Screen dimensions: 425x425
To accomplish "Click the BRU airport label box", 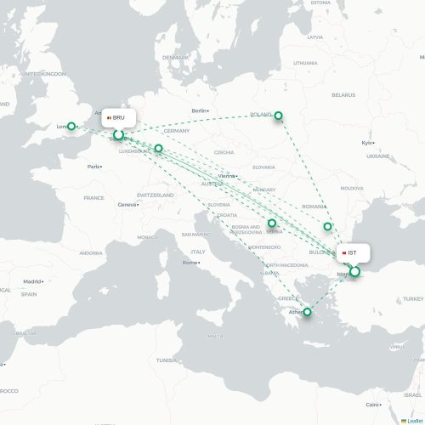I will pos(119,117).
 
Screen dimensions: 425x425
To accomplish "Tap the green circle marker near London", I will pos(72,125).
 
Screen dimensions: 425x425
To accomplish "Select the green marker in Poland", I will pos(278,116).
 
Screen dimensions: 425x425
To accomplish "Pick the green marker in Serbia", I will pos(272,224).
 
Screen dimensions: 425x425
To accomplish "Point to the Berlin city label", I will pos(200,111).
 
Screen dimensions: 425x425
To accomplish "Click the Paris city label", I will pos(93,167).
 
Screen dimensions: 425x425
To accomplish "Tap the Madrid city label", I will pos(32,281).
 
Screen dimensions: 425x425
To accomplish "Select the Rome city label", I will pos(190,263).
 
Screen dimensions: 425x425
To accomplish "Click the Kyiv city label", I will pos(367,143).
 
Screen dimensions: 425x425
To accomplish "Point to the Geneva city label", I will pos(127,205).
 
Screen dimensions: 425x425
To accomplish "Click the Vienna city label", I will pos(226,176).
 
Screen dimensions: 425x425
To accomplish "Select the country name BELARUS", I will pos(343,95).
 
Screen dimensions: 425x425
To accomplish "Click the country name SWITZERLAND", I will pos(155,195).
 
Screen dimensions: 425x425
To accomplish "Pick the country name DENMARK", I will pos(175,57).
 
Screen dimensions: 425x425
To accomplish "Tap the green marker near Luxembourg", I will pos(158,149).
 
